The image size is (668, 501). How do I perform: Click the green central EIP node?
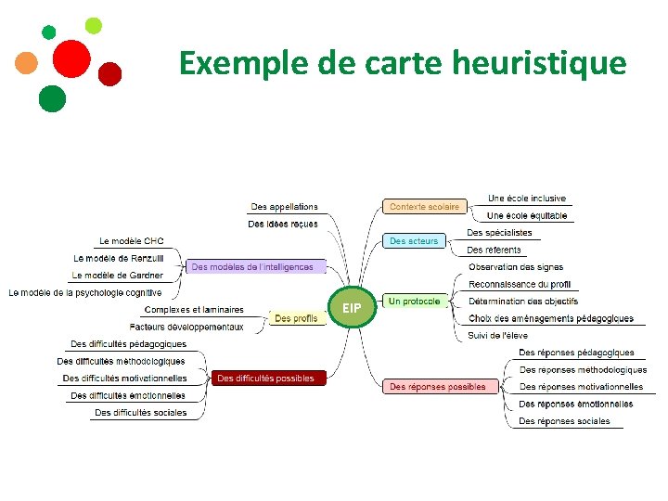353,307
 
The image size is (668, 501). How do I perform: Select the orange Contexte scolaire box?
424,206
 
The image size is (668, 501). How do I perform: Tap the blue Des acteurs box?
413,241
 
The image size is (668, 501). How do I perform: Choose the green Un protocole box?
414,302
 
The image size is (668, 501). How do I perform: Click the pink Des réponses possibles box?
437,386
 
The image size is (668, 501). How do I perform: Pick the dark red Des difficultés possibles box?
265,378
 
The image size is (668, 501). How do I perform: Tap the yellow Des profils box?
296,318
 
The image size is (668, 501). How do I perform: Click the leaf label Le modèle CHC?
132,241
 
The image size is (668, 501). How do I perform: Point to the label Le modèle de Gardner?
117,276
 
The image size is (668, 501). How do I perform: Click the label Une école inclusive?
527,199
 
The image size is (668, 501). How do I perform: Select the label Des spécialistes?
499,233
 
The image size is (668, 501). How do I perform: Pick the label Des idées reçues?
283,224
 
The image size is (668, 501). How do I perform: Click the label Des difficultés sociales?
140,412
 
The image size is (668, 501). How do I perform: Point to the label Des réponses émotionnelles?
576,404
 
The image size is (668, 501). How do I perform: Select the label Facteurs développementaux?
186,327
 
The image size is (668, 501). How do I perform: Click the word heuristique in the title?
540,63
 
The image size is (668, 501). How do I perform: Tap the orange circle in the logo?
27,62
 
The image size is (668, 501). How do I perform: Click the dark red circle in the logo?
110,73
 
